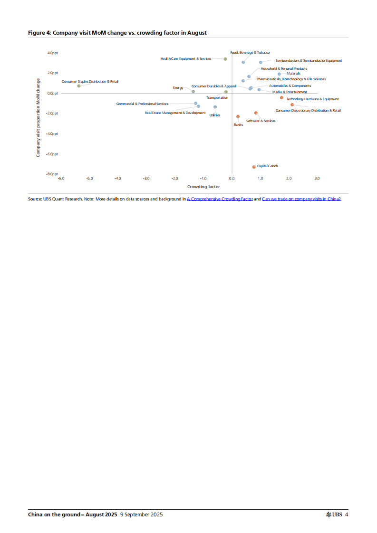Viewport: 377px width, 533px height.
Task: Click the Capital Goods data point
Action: (254, 167)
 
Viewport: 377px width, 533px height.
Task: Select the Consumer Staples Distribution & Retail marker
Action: (79, 86)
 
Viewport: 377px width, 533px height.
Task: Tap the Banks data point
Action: (238, 116)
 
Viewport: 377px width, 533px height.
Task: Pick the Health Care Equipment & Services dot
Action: (225, 59)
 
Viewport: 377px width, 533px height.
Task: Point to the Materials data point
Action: (280, 74)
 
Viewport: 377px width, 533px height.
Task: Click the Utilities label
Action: (215, 115)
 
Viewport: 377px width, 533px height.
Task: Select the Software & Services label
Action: (261, 121)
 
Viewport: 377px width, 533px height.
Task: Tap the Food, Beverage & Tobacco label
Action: (250, 52)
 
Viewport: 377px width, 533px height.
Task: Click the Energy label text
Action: (178, 88)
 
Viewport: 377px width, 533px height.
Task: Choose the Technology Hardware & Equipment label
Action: (312, 99)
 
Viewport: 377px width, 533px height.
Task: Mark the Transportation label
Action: (217, 97)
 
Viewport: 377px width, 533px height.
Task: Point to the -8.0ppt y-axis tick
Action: (51, 174)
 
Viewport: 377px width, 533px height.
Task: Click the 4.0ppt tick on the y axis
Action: (52, 53)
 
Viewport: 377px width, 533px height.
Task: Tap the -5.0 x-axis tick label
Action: (89, 179)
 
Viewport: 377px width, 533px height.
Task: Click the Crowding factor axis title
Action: (203, 187)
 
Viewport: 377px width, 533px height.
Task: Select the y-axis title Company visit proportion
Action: (38, 118)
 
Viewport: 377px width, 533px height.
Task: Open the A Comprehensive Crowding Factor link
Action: (220, 199)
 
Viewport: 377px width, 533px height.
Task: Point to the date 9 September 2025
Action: (141, 514)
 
